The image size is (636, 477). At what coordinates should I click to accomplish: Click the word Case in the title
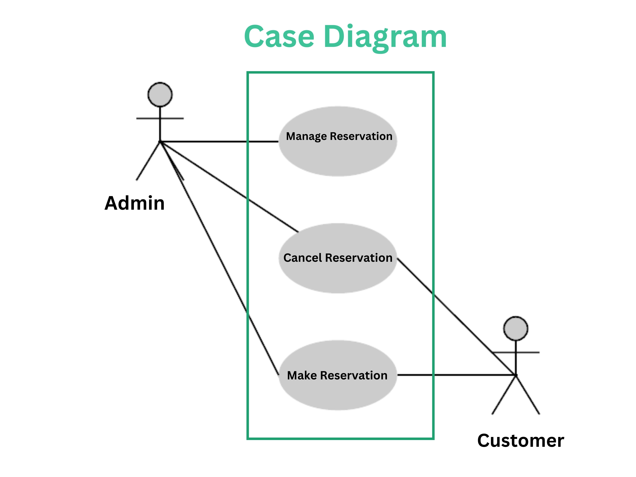[x=279, y=37]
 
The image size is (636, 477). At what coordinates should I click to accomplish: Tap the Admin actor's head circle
[x=160, y=95]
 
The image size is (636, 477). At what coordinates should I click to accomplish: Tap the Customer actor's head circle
[x=516, y=329]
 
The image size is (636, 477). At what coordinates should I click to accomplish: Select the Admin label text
[x=135, y=203]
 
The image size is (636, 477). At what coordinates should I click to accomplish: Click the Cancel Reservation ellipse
[x=338, y=276]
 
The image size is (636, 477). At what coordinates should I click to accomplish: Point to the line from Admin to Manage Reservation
[x=218, y=142]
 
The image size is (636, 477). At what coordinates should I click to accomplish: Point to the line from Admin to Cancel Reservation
[x=230, y=187]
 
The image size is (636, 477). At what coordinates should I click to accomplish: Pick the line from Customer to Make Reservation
[x=460, y=375]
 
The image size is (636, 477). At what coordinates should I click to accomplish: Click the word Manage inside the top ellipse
[x=306, y=136]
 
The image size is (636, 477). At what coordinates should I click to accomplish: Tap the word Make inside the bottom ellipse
[x=302, y=375]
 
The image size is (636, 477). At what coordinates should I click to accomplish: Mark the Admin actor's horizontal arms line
[x=173, y=118]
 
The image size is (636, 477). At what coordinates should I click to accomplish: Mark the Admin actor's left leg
[x=148, y=161]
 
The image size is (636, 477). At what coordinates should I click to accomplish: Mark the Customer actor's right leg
[x=528, y=395]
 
